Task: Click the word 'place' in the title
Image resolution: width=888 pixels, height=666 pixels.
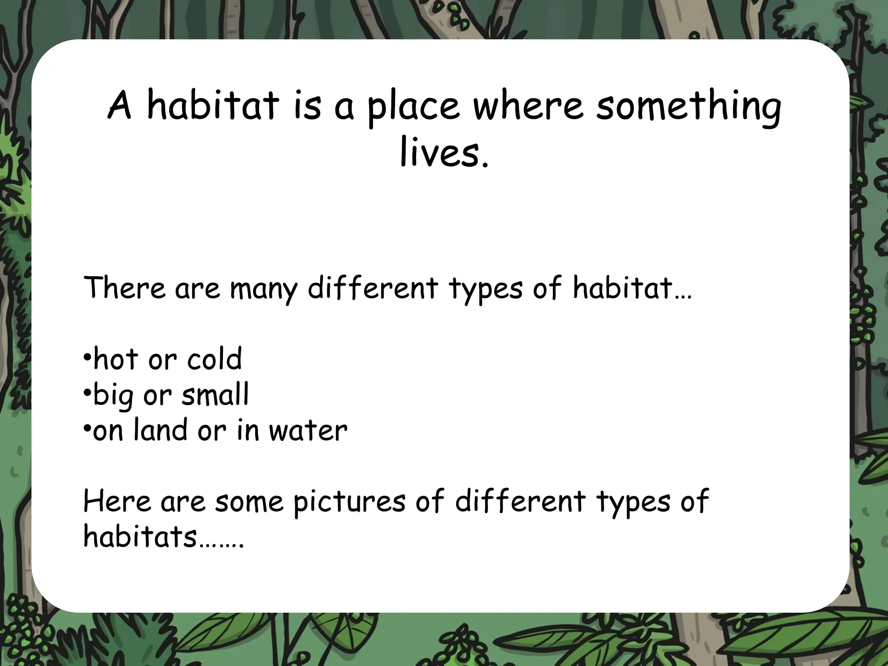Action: (413, 107)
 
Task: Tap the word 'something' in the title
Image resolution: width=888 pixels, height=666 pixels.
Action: (689, 107)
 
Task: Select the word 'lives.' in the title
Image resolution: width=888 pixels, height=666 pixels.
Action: (444, 153)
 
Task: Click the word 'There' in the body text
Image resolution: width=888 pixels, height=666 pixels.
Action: (124, 287)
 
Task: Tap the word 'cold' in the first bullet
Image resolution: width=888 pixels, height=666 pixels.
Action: (215, 359)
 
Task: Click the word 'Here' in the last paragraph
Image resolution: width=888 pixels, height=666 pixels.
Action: (117, 501)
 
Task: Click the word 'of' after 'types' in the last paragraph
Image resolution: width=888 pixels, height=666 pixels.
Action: (694, 501)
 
